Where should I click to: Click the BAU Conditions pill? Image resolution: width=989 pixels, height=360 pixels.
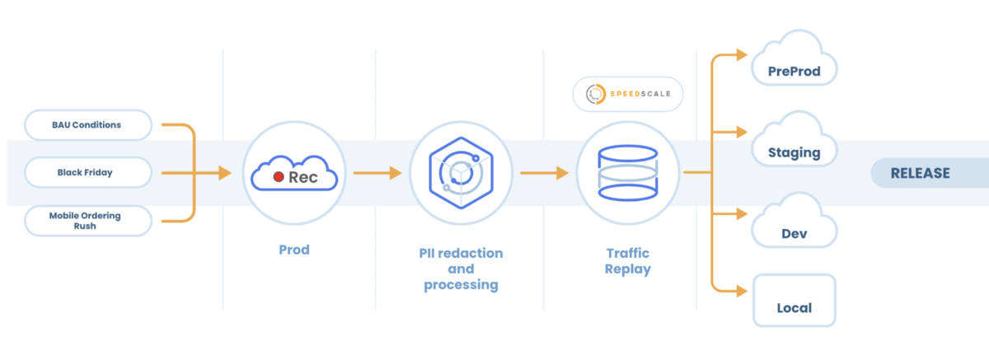coord(88,125)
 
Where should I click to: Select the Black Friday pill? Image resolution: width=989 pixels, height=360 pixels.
coord(88,172)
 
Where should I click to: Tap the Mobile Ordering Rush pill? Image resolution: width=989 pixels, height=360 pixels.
coord(88,221)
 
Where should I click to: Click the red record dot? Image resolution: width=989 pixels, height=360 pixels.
coord(279,177)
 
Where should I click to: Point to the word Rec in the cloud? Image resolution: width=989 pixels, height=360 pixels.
coord(303,177)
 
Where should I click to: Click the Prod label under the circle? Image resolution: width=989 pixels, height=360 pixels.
coord(294,250)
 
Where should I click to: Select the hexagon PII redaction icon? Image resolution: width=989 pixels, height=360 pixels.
coord(461,173)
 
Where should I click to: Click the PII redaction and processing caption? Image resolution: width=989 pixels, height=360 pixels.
coord(461,269)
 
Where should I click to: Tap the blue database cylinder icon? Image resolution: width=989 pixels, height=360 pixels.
coord(627,173)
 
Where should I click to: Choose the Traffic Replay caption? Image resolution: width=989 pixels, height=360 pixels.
coord(627,261)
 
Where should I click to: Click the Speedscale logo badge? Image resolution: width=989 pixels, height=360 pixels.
coord(627,94)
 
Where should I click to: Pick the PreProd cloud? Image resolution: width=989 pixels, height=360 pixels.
coord(794,58)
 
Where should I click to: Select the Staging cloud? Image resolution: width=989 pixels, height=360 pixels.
coord(794,139)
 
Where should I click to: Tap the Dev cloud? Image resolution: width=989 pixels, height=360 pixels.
coord(794,221)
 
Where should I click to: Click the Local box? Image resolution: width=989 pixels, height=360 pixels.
coord(794,301)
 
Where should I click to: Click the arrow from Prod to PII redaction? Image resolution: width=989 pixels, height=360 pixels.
coord(377,173)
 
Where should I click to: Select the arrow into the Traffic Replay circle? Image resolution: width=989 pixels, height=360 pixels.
coord(545,173)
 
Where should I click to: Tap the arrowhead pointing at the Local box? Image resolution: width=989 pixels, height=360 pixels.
coord(742,291)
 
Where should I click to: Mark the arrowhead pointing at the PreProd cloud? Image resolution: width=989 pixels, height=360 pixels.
coord(742,54)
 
